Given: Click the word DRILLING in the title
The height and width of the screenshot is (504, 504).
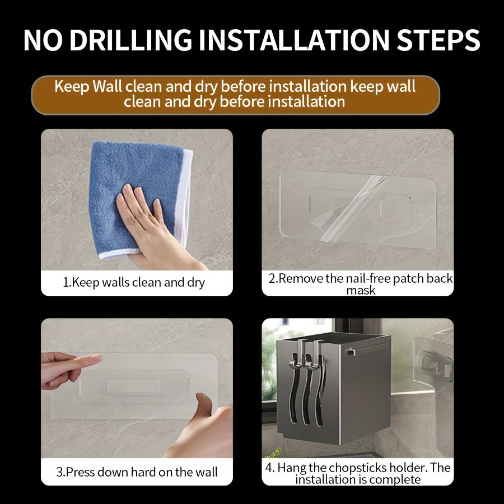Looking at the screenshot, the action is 131,40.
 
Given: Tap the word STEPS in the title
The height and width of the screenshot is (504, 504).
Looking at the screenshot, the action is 438,40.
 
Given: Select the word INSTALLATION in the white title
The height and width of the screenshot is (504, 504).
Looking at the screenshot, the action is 294,40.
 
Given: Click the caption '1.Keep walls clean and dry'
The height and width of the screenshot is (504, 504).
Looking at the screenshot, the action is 134,283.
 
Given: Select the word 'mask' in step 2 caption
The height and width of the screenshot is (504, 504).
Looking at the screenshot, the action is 361,290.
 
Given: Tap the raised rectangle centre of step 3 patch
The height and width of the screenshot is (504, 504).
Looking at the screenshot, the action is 133,386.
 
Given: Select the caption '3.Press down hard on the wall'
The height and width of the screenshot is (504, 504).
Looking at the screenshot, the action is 137,472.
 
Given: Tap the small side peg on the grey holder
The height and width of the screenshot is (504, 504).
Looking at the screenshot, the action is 351,352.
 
